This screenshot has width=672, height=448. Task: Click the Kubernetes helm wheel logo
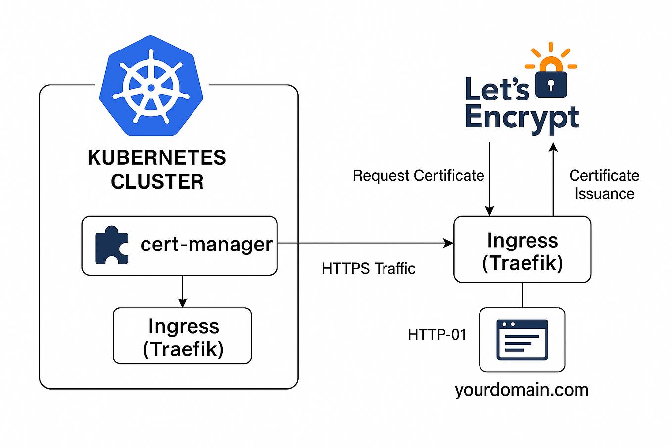coord(151,87)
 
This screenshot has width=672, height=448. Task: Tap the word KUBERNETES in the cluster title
coord(157,158)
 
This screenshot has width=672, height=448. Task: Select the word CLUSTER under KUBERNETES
coord(157,182)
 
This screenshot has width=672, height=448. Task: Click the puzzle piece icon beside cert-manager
coord(112,245)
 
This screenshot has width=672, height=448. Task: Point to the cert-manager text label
coord(206,245)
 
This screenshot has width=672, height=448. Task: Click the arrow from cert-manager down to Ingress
coord(183,292)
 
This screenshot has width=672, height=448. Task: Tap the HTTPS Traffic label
coord(368,269)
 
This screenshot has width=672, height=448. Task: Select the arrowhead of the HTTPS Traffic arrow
coord(449,243)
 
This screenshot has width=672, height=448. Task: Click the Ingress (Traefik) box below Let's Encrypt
coord(523,250)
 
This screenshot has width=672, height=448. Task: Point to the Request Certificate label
coord(418,176)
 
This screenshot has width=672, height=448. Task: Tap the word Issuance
coord(605,194)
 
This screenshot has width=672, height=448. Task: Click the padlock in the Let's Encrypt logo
coord(551,82)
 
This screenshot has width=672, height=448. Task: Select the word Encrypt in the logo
coord(522,118)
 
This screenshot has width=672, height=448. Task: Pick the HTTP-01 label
coord(437,335)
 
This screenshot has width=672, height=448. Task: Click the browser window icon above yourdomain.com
coord(523,340)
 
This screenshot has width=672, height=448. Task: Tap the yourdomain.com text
coord(522,390)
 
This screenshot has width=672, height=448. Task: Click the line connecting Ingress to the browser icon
coord(523,296)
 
